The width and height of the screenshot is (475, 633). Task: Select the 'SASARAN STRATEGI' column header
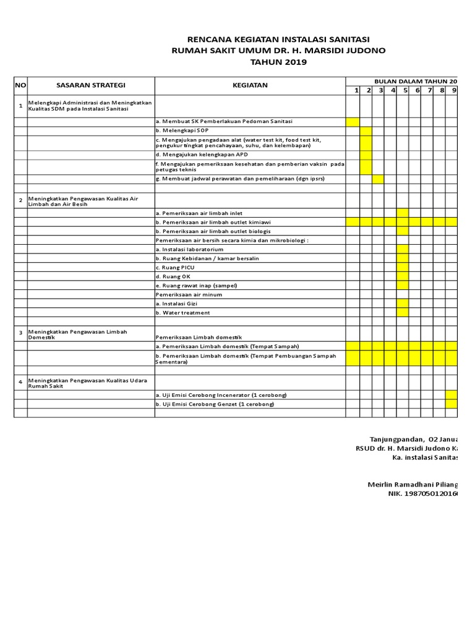pos(91,85)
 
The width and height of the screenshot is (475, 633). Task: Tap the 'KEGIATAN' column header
pos(250,85)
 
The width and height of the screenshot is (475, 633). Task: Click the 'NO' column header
pos(20,85)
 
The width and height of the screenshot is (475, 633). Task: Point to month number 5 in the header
pos(406,91)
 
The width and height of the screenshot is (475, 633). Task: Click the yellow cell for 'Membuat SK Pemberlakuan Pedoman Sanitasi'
pos(353,122)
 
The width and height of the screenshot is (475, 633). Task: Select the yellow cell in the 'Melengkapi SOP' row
pos(366,131)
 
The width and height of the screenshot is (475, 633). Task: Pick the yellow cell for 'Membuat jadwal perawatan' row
pos(378,179)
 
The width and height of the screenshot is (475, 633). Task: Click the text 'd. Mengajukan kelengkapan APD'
pos(202,155)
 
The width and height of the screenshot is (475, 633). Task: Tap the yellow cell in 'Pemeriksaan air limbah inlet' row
pos(403,213)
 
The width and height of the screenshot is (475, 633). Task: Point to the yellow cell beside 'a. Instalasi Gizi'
pos(403,304)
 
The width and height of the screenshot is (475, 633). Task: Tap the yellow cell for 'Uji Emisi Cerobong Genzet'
pos(451,404)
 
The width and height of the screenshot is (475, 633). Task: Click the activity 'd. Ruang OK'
pos(173,276)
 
